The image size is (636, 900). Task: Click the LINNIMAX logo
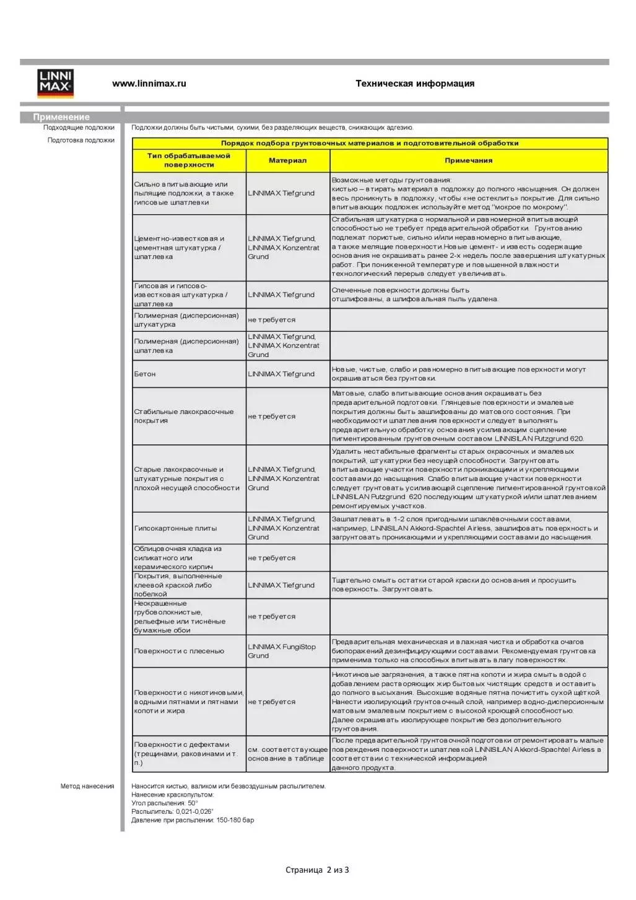click(x=56, y=83)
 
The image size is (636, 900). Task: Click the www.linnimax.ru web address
click(x=149, y=84)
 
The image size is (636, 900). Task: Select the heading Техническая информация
click(x=414, y=84)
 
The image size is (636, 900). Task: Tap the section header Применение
click(x=61, y=117)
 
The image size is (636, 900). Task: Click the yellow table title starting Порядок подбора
click(x=370, y=143)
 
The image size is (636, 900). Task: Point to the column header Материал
click(x=287, y=161)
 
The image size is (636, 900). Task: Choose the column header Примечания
click(x=468, y=161)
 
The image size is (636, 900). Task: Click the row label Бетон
click(x=145, y=374)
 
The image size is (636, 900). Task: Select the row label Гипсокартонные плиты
click(x=175, y=529)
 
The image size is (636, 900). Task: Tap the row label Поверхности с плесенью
click(x=179, y=651)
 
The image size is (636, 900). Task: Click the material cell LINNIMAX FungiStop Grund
click(x=282, y=651)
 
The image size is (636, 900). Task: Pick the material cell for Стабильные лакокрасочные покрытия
click(x=271, y=417)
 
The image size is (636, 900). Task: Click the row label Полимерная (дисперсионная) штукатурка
click(x=186, y=320)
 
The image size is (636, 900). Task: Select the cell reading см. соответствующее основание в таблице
click(x=287, y=754)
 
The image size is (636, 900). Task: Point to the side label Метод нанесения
click(x=87, y=787)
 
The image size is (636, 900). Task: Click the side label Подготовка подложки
click(x=81, y=140)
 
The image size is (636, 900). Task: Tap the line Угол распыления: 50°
click(x=165, y=803)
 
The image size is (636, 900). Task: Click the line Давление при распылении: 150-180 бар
click(x=193, y=820)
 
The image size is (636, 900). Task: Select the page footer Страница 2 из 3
click(x=317, y=870)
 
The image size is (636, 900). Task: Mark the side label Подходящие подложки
click(x=79, y=128)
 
